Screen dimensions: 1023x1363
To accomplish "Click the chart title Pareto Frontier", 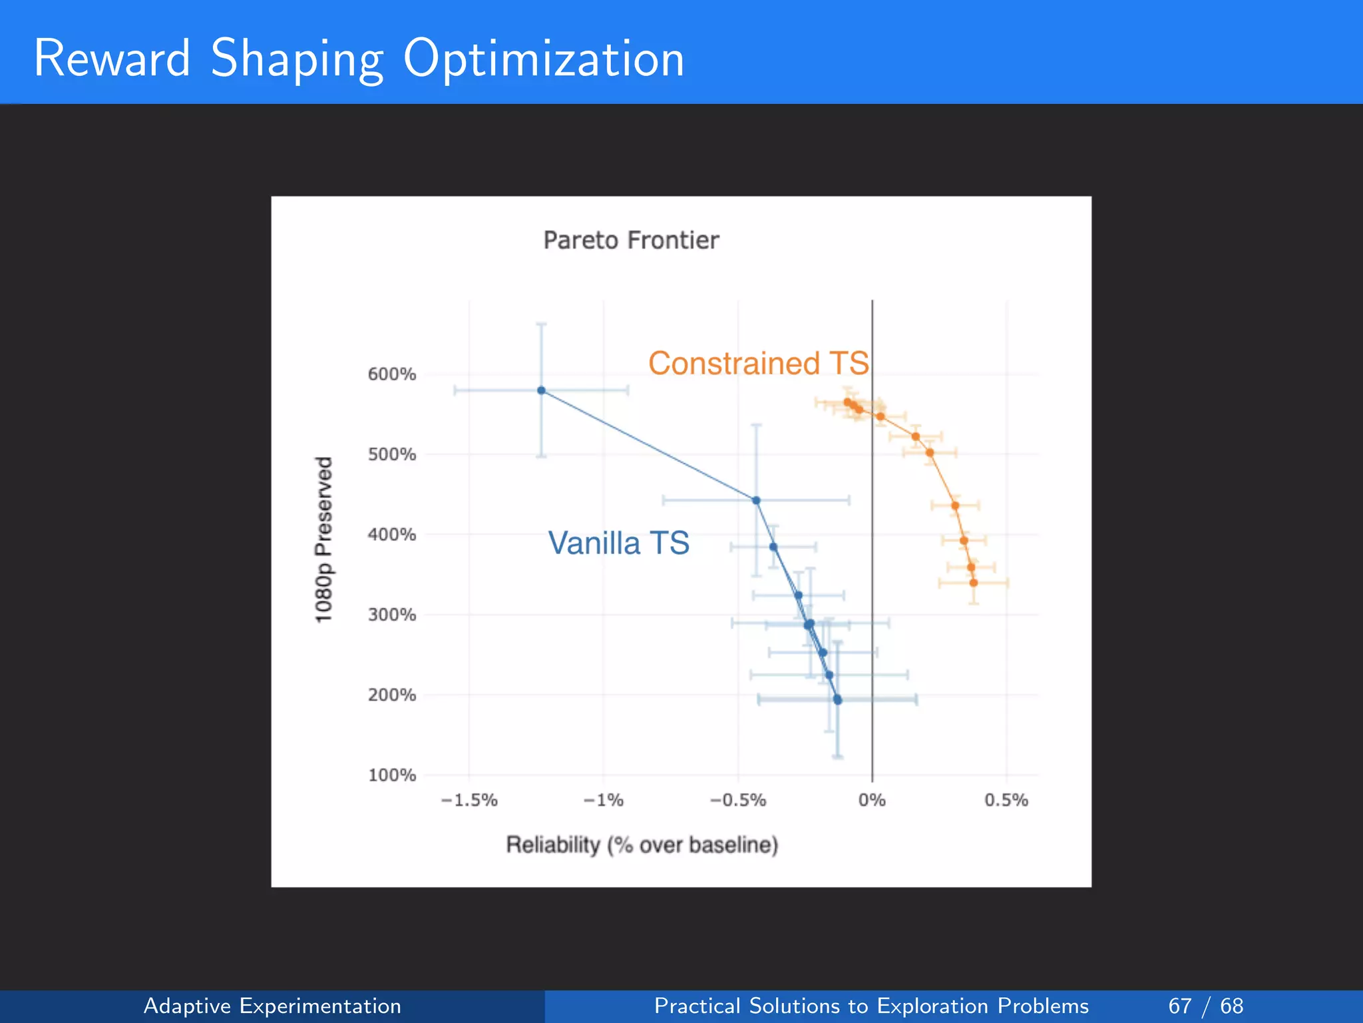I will pyautogui.click(x=631, y=240).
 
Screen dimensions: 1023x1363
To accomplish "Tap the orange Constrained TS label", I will pyautogui.click(x=758, y=364).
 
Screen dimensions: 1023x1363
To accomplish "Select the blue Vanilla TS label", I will pyautogui.click(x=618, y=543).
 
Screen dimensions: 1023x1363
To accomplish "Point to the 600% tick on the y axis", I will pyautogui.click(x=391, y=374).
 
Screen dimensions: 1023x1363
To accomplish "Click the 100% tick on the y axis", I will pyautogui.click(x=391, y=775).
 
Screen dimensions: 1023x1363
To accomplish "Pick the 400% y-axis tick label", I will pyautogui.click(x=391, y=535).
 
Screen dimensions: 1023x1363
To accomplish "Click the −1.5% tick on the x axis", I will pyautogui.click(x=469, y=800).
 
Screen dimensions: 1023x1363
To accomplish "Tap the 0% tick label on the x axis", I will pyautogui.click(x=872, y=800).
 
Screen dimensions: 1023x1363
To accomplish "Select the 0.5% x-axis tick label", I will pyautogui.click(x=1006, y=800).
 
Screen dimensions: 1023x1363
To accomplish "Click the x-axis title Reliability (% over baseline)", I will pyautogui.click(x=642, y=845).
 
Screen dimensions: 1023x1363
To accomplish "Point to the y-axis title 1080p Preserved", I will pyautogui.click(x=323, y=539).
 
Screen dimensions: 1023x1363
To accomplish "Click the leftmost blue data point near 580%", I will pyautogui.click(x=541, y=390).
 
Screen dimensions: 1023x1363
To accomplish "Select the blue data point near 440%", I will pyautogui.click(x=756, y=500).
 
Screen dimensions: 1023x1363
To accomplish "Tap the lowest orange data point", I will pyautogui.click(x=974, y=583).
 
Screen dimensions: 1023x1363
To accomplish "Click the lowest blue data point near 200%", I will pyautogui.click(x=837, y=699).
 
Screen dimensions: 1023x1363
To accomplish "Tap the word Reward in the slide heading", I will pyautogui.click(x=112, y=59).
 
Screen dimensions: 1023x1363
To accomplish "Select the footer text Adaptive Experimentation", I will pyautogui.click(x=272, y=1006).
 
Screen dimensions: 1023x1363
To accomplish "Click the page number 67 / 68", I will pyautogui.click(x=1205, y=1006).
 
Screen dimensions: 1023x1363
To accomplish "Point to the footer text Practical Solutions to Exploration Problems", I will pyautogui.click(x=871, y=1006).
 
